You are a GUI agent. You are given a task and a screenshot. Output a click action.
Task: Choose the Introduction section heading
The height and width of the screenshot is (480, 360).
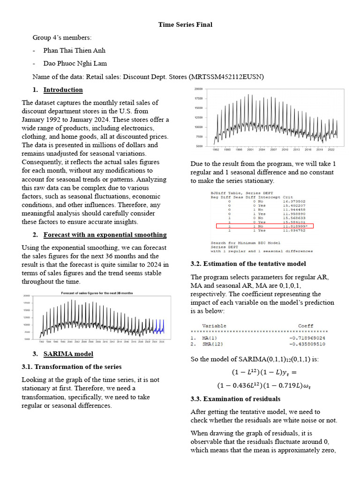click(63, 90)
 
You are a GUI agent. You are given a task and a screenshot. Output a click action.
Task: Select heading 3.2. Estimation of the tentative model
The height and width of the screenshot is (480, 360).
click(248, 264)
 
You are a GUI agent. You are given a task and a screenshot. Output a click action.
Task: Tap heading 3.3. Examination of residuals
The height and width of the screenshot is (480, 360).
click(236, 399)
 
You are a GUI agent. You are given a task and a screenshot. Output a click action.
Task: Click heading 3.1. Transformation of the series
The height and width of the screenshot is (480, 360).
click(72, 367)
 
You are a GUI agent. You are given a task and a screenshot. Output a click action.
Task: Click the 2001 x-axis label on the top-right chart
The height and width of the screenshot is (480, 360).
click(250, 150)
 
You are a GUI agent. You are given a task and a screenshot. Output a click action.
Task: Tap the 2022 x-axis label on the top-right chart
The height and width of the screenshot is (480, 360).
click(331, 150)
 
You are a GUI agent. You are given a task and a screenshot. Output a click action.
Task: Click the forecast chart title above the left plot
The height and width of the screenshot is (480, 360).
click(97, 293)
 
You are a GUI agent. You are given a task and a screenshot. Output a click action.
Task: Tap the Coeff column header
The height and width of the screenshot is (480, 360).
click(306, 326)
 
